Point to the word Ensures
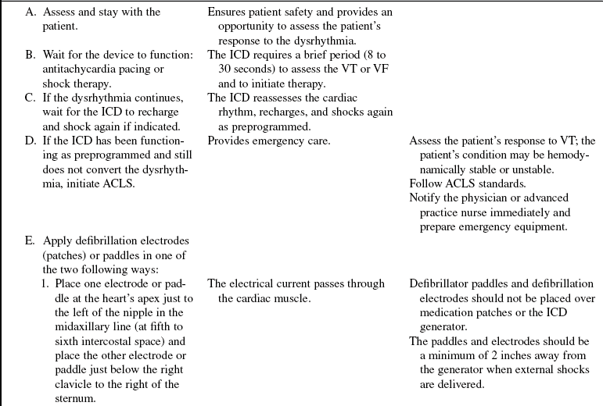click(x=228, y=12)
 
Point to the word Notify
click(x=425, y=197)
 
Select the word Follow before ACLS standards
click(x=425, y=183)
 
